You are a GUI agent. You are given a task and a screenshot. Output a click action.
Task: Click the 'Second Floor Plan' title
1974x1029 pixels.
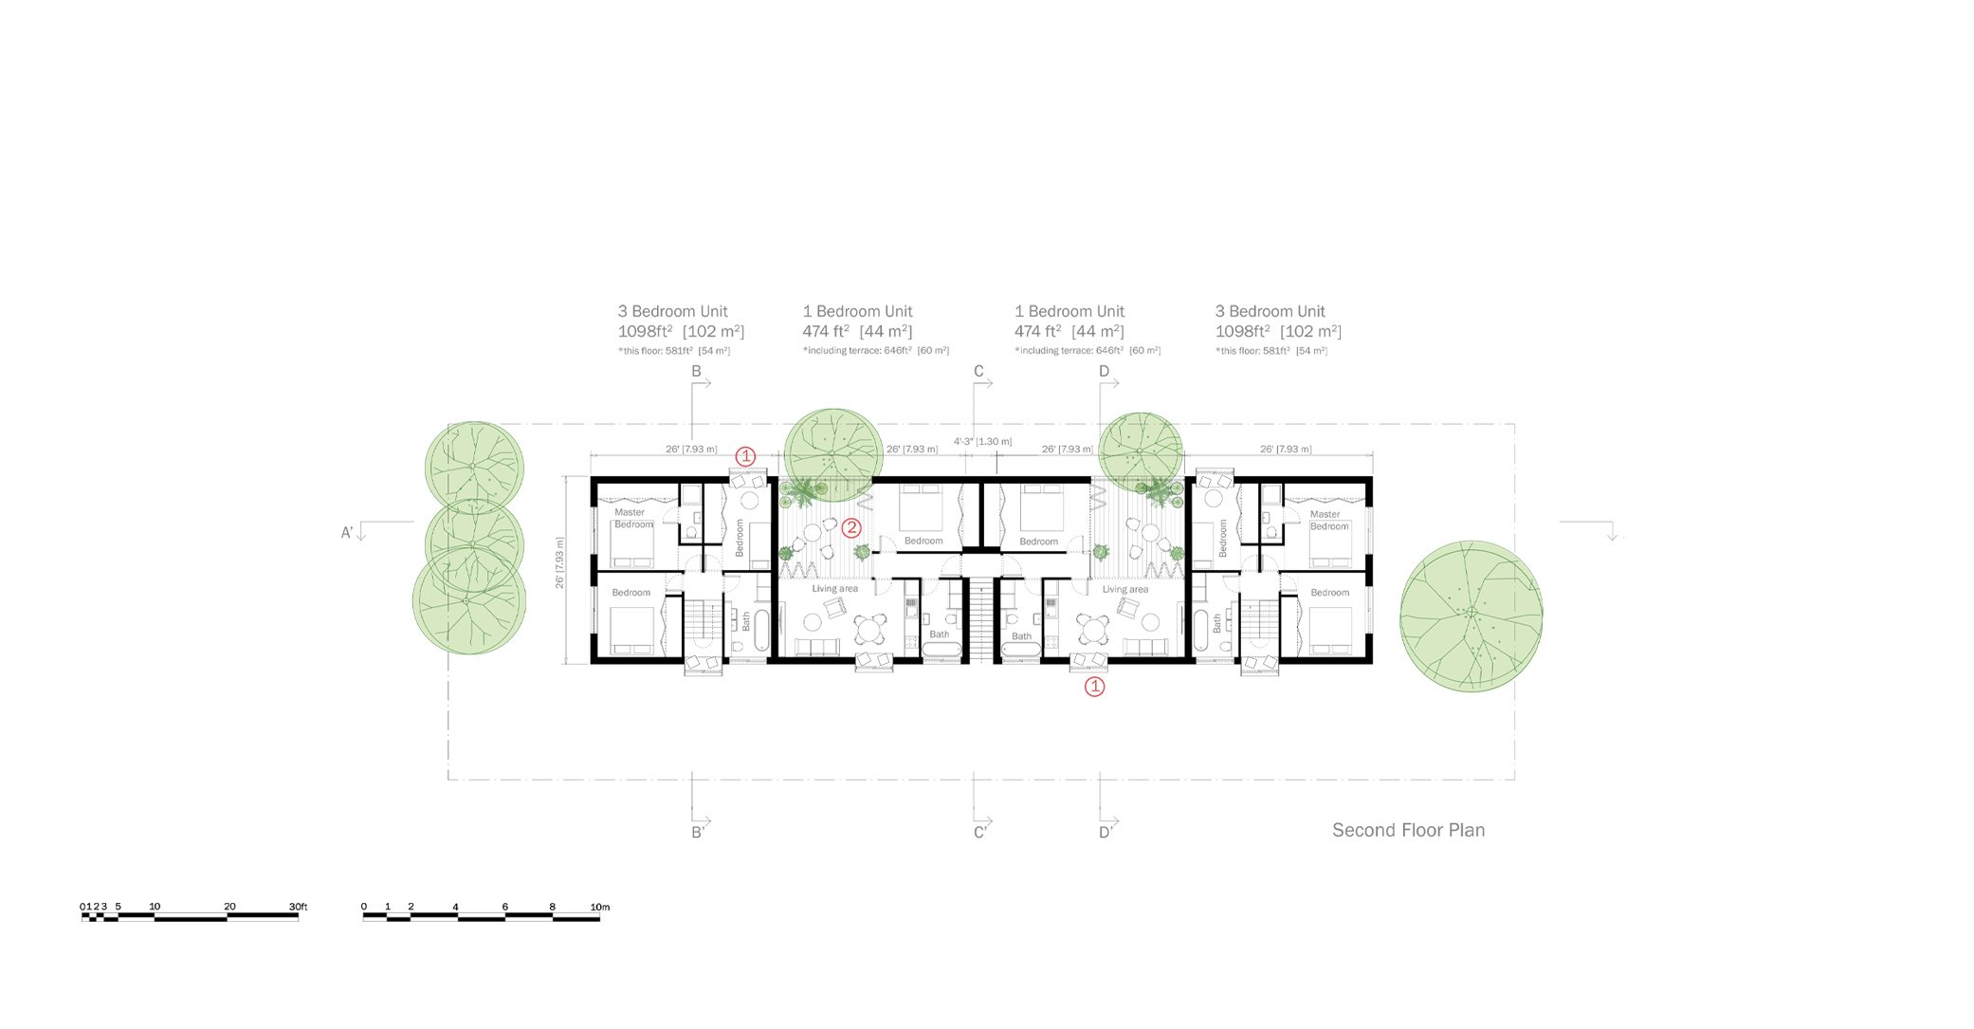(1408, 831)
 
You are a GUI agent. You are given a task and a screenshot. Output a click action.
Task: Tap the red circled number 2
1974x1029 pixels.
(851, 528)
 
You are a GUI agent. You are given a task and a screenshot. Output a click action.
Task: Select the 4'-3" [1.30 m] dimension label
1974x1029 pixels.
(982, 442)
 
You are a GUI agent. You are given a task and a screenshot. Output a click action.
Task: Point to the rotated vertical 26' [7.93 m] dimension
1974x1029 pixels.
(560, 563)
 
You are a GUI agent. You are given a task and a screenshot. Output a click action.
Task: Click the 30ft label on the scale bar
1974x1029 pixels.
(298, 908)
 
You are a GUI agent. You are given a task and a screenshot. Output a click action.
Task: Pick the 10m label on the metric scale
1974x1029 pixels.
(600, 908)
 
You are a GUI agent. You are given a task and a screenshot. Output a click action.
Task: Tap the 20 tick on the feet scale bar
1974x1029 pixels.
(229, 908)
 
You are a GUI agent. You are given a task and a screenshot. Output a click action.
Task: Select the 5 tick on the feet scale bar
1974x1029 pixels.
(119, 908)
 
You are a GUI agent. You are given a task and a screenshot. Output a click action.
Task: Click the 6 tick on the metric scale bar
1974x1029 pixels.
(504, 908)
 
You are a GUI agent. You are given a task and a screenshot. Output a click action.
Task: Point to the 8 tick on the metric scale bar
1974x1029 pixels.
(552, 908)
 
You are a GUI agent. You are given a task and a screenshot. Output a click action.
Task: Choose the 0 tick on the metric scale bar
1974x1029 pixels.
(364, 908)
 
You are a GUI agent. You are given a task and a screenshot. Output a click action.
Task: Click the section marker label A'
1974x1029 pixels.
(347, 533)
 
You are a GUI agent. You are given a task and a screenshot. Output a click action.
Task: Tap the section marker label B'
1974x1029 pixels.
(698, 833)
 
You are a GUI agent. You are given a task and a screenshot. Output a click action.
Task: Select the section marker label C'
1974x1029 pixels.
(980, 833)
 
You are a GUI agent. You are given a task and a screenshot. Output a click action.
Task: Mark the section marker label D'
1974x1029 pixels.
(1106, 833)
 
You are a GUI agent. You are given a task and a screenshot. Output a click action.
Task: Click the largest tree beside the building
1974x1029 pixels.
(1471, 616)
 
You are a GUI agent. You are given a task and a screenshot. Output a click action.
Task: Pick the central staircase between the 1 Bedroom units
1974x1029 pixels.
(980, 621)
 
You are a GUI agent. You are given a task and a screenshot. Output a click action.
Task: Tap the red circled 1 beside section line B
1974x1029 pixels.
(746, 456)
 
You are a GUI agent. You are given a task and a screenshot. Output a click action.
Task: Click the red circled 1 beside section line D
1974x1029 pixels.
(1094, 687)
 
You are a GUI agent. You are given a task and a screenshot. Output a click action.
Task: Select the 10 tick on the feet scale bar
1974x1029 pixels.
(155, 908)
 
